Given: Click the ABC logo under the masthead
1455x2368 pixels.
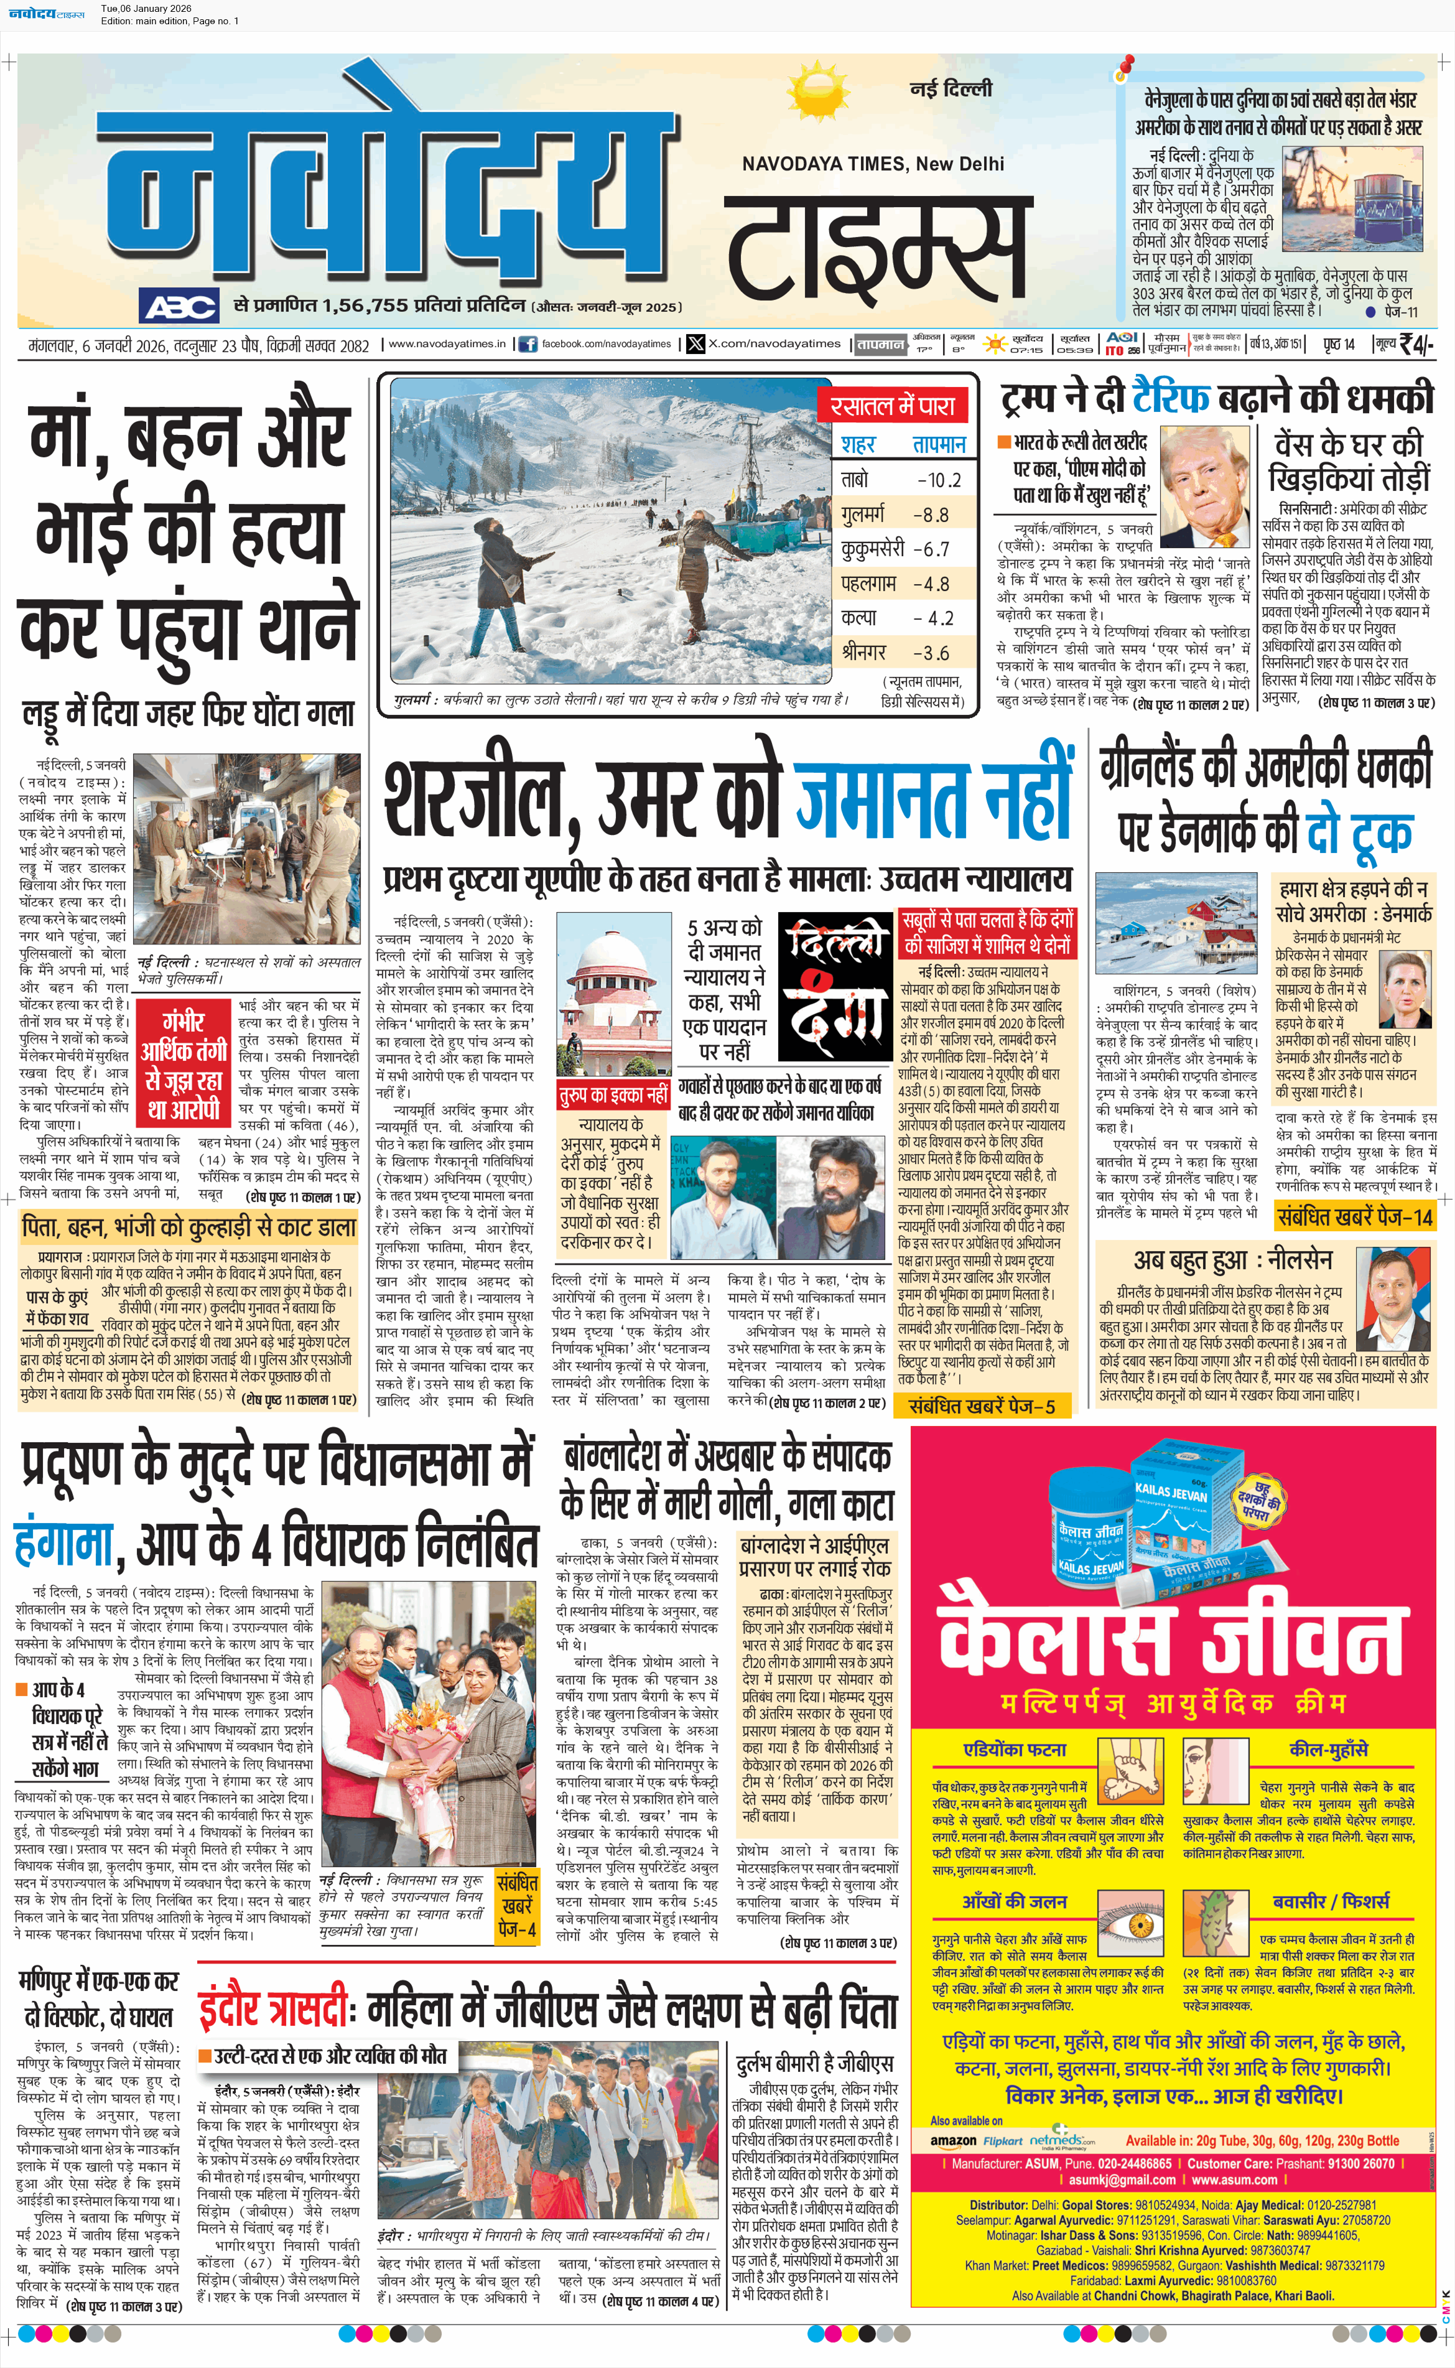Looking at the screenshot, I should click(x=179, y=307).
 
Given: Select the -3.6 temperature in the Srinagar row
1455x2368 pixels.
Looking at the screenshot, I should click(x=931, y=653).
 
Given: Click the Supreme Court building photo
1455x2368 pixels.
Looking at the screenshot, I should click(x=613, y=1000).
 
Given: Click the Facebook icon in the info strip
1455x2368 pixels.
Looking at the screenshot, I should click(x=528, y=343).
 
